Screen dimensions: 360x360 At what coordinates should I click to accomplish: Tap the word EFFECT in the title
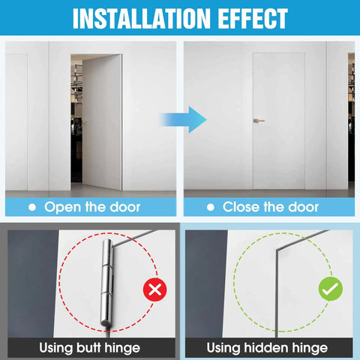253,19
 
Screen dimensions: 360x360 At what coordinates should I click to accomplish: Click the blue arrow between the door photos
183,119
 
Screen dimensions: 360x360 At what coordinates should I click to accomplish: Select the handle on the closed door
259,121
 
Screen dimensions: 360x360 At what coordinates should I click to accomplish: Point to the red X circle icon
155,289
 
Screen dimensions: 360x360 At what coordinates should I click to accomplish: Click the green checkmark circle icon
331,289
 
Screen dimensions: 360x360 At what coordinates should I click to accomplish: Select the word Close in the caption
241,207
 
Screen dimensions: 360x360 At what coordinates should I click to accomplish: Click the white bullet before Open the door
32,207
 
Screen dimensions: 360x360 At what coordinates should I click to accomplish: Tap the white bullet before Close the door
211,207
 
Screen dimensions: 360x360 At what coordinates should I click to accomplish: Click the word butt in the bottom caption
88,347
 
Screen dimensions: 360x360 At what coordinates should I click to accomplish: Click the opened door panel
102,122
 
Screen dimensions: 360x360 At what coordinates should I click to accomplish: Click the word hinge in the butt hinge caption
122,348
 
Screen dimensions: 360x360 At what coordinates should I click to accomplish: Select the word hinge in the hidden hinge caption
310,348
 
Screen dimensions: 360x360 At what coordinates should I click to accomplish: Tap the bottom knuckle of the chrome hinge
106,310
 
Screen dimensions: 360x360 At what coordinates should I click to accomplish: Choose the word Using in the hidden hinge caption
223,348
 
